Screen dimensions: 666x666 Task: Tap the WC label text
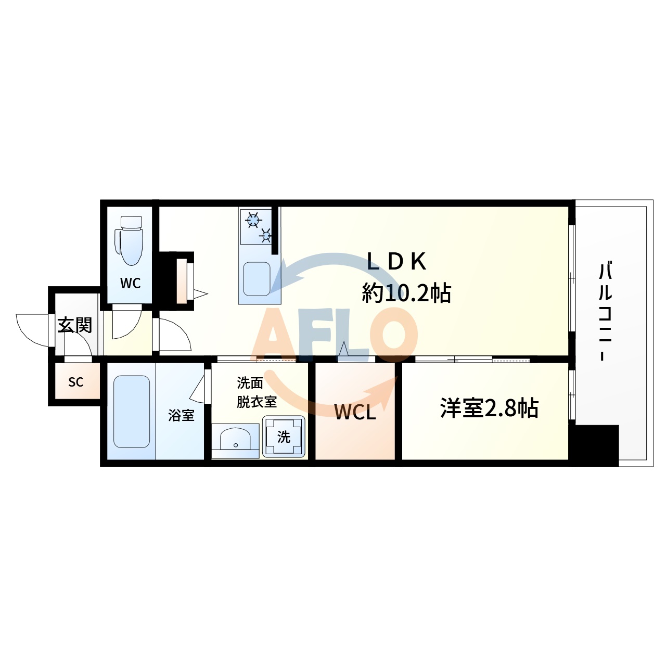tap(130, 283)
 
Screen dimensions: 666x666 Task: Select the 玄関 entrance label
tap(74, 325)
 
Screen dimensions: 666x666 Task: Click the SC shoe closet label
tap(76, 382)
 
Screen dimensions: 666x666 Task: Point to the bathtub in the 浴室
tap(132, 412)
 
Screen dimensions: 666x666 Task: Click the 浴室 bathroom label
tap(181, 415)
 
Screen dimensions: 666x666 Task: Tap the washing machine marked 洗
tap(284, 437)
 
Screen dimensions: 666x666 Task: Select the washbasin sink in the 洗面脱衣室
tap(236, 440)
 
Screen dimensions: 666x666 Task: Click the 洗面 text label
tap(250, 383)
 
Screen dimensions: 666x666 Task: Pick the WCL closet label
tap(355, 412)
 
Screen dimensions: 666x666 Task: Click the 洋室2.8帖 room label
tap(489, 408)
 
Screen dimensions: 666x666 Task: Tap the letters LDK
tap(396, 262)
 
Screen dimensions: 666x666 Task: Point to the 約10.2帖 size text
tap(406, 293)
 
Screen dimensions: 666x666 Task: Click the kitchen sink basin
tap(257, 279)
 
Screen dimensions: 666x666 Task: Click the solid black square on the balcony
tap(596, 445)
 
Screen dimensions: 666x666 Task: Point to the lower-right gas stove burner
tap(266, 236)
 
